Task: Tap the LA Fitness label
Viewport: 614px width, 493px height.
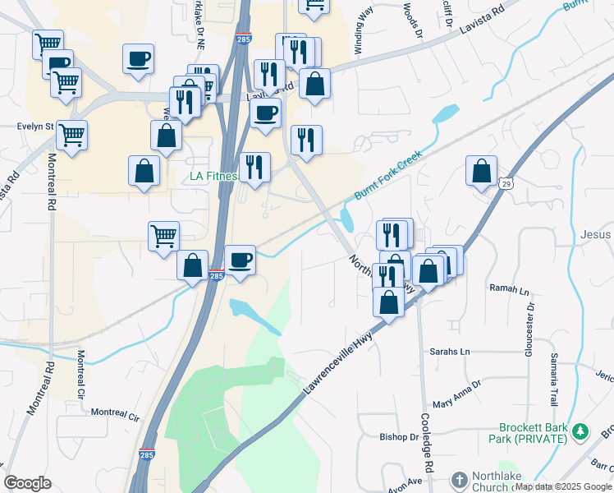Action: click(213, 176)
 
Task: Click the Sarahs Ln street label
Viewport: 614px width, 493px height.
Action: click(450, 351)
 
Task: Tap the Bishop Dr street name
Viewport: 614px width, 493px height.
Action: click(399, 437)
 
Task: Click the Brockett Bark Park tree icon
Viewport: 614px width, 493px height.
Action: click(580, 431)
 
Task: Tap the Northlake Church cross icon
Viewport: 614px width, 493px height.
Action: click(459, 479)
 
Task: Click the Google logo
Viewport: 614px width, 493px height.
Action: click(27, 483)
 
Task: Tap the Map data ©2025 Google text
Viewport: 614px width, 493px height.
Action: click(562, 486)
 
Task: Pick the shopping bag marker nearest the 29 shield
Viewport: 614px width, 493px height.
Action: click(481, 172)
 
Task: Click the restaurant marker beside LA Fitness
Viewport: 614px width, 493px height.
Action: click(254, 168)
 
